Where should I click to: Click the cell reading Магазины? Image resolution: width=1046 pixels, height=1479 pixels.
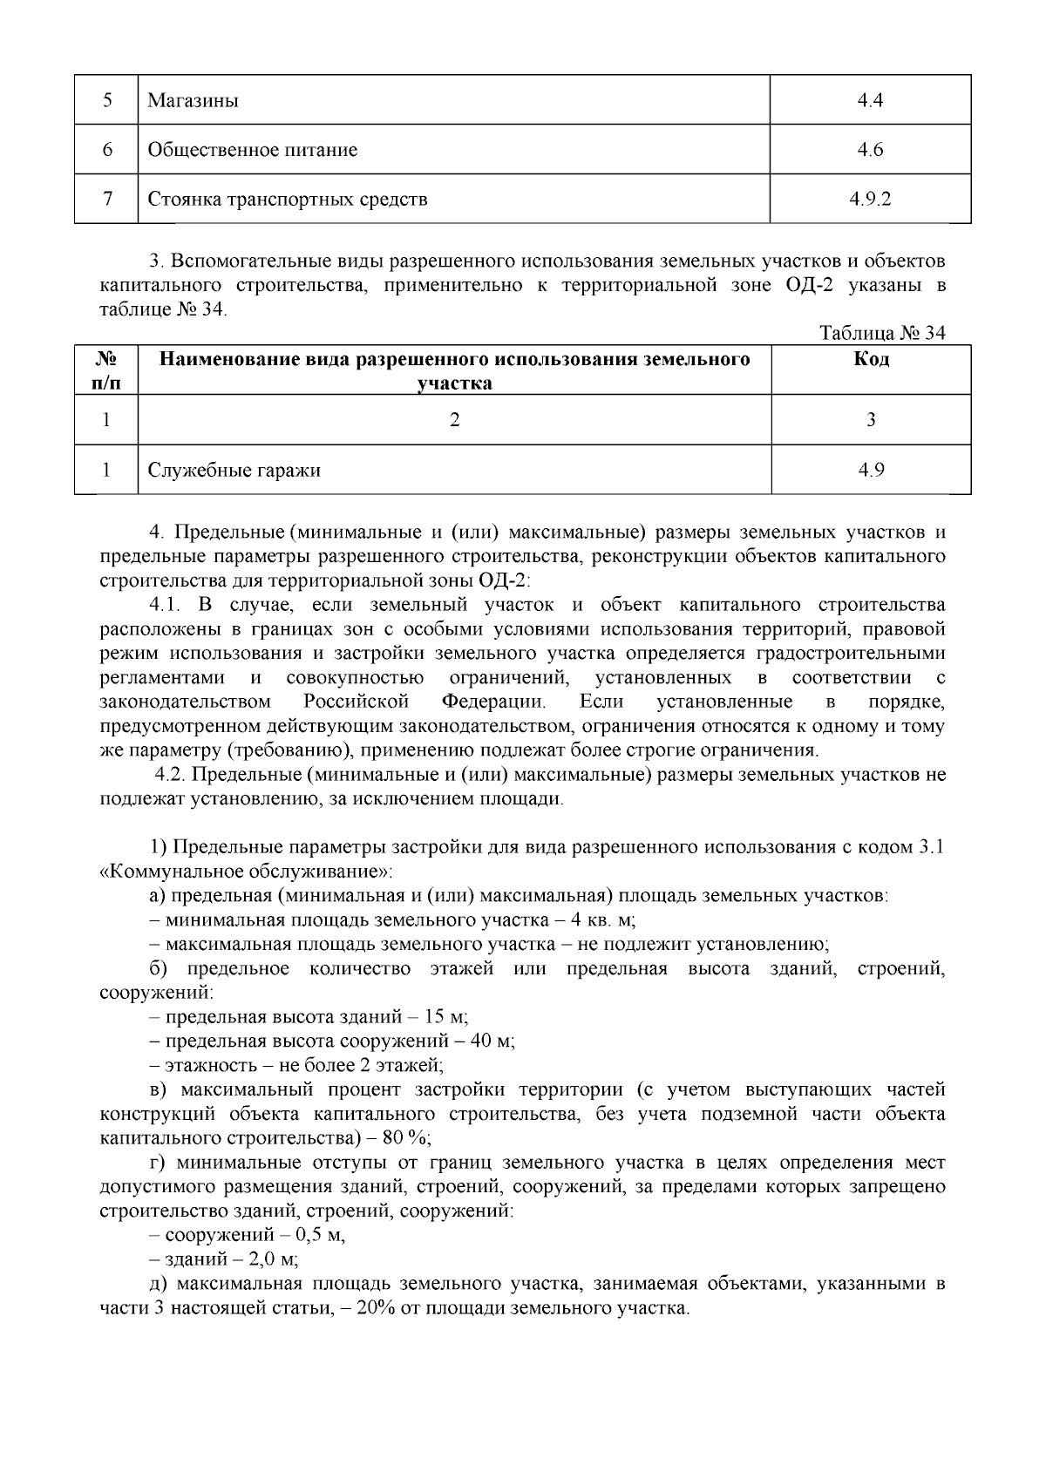coord(193,100)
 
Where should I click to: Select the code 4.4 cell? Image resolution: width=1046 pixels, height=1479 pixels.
coord(870,100)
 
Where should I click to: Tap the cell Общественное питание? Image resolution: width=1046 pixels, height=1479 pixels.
coord(252,150)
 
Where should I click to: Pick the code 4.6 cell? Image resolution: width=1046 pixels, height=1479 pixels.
coord(870,150)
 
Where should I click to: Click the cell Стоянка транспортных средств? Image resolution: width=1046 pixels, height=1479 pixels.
coord(287,200)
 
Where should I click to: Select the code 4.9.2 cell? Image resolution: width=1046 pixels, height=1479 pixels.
coord(870,200)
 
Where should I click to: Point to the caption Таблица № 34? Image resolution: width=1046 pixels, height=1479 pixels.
coord(882,333)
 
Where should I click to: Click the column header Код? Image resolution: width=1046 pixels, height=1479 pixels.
coord(871,360)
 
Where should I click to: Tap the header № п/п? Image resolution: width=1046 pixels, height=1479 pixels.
coord(105,370)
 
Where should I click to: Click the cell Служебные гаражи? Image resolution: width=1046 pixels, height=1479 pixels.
coord(234,471)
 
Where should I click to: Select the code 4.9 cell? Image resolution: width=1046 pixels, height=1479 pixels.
coord(870,471)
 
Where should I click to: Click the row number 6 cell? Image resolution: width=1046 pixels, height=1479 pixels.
coord(106,150)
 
